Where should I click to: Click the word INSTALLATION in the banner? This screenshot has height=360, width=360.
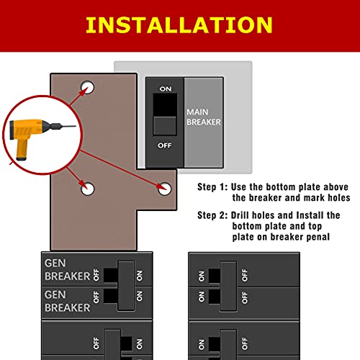[179, 25]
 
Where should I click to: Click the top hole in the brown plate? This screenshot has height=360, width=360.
[88, 88]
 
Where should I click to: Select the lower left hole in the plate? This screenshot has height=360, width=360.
[88, 189]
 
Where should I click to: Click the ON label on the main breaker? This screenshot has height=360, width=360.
[166, 89]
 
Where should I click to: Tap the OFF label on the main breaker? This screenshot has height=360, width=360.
[166, 145]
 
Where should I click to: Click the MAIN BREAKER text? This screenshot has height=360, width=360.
[204, 117]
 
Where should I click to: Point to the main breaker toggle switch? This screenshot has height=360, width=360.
[166, 115]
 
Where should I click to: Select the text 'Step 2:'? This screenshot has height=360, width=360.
[212, 215]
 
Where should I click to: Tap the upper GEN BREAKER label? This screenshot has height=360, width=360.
[67, 269]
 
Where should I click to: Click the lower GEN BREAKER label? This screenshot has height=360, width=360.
[67, 301]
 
